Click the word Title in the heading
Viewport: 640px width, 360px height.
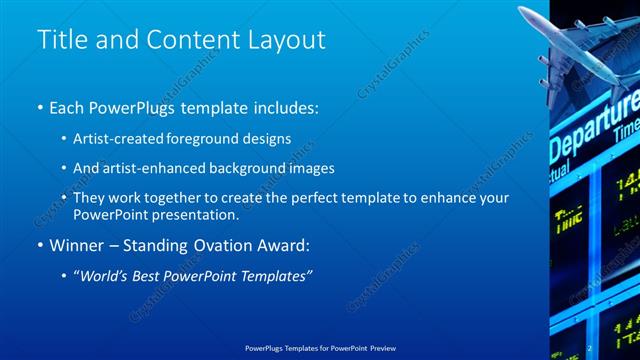pos(60,40)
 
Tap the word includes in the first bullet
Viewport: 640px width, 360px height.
pos(279,105)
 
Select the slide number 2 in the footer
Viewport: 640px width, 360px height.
pos(591,349)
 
